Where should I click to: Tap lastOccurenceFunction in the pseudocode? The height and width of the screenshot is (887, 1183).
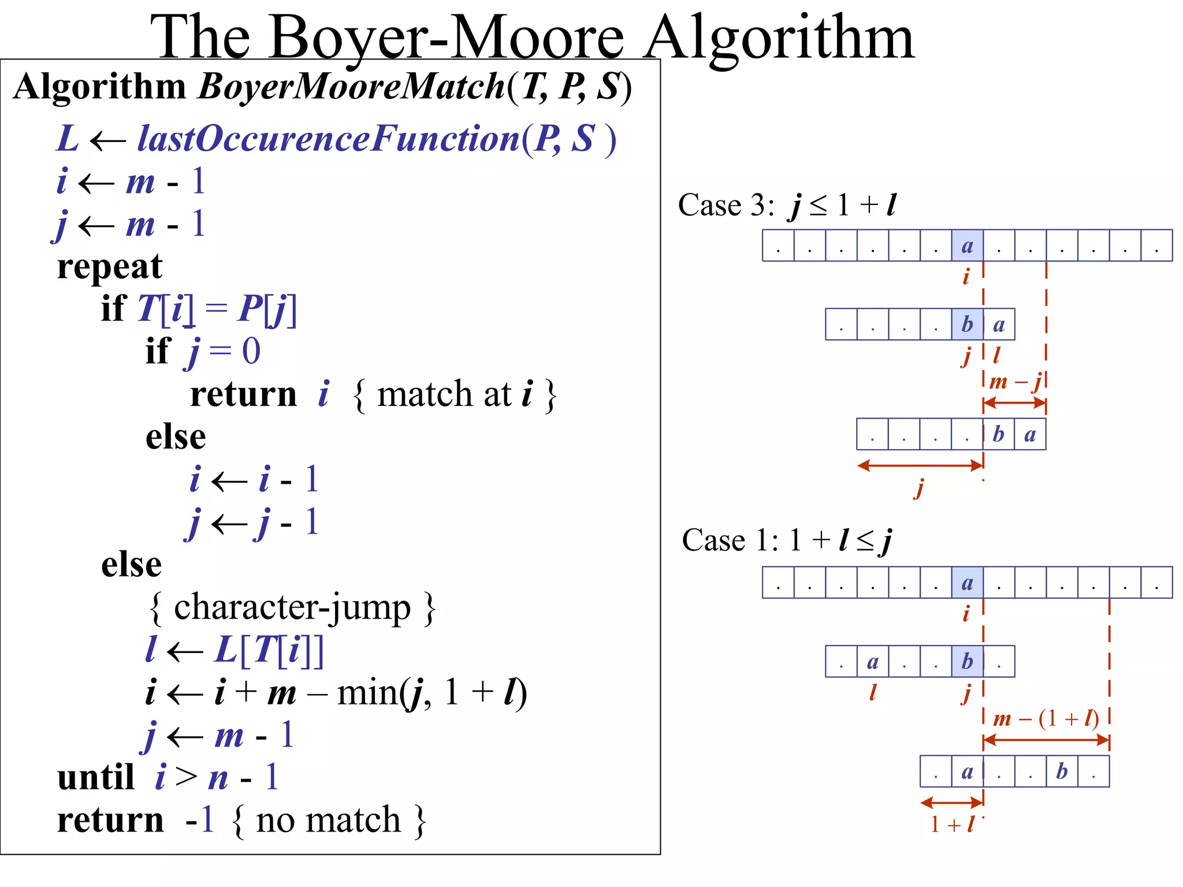pos(328,139)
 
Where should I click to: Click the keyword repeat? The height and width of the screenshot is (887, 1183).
pos(110,267)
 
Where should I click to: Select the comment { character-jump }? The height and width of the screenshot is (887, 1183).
pos(292,608)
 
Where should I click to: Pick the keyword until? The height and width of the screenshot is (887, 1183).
pos(95,778)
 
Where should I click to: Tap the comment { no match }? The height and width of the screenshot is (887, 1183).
pos(329,821)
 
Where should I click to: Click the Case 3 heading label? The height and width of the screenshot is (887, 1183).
pos(726,205)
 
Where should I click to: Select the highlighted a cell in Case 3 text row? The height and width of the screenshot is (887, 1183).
pos(967,245)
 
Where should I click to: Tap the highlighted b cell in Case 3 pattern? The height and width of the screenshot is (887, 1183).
pos(967,324)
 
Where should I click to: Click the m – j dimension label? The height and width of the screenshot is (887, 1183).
pos(1015,382)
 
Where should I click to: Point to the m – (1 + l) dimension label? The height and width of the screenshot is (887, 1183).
pos(1046,719)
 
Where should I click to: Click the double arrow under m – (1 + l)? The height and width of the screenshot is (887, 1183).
pos(1046,740)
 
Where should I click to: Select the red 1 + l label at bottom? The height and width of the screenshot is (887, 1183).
pos(951,824)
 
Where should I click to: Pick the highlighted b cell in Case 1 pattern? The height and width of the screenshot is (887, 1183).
pos(967,661)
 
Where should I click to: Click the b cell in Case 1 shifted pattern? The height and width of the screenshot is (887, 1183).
pos(1062,772)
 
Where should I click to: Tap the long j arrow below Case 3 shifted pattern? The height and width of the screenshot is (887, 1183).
pos(920,465)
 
